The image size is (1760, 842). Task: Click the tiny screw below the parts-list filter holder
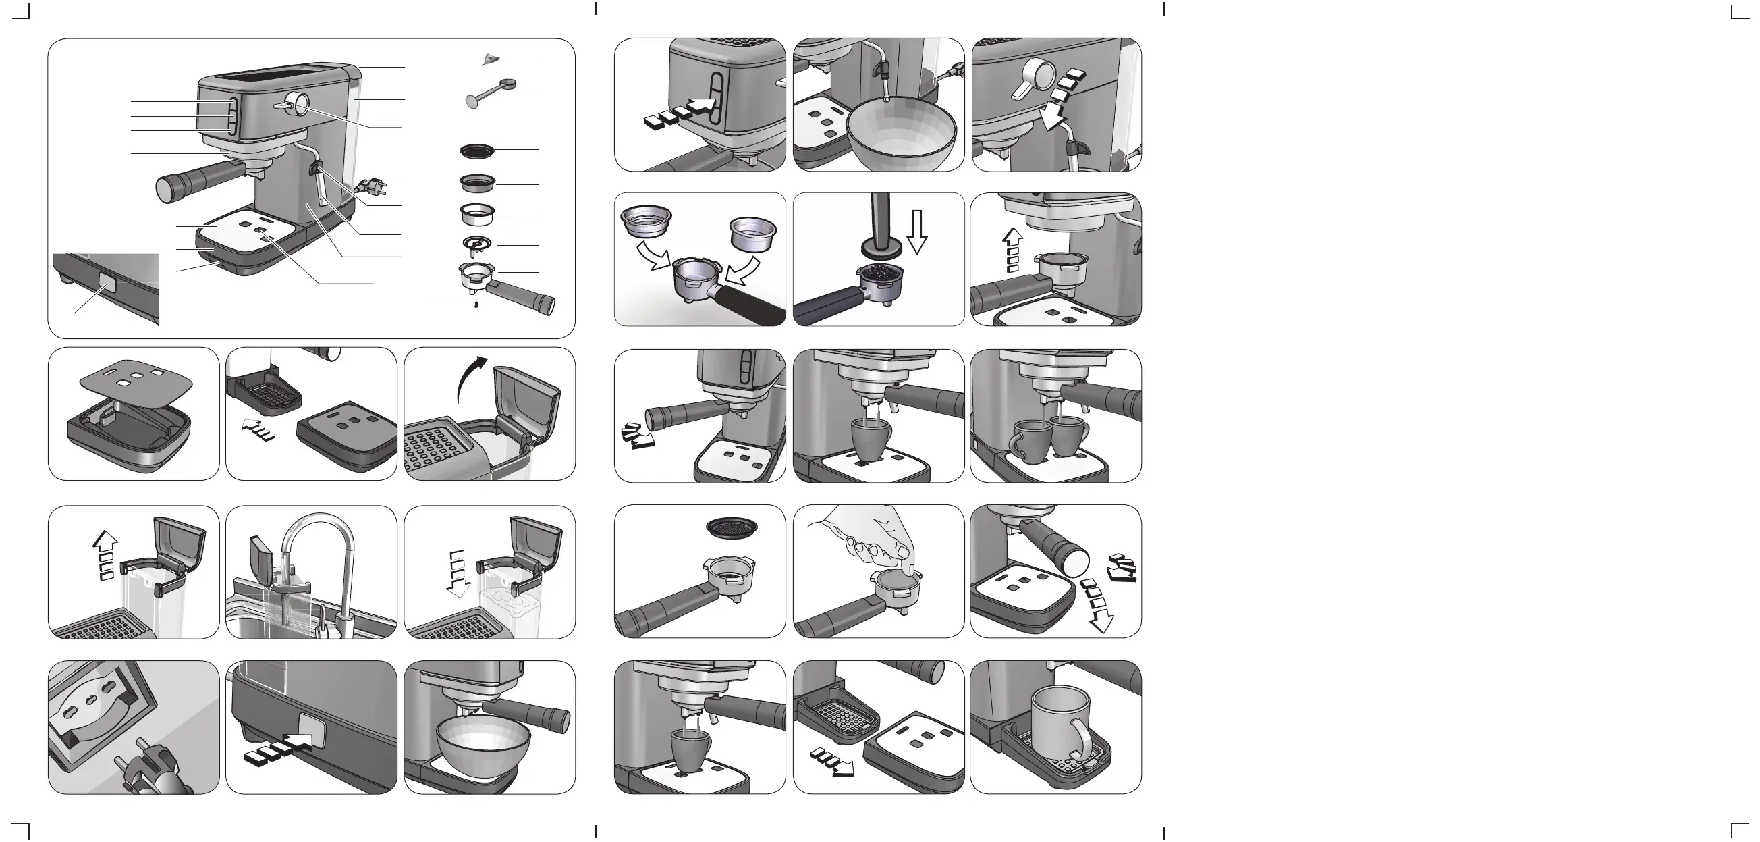(x=476, y=305)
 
